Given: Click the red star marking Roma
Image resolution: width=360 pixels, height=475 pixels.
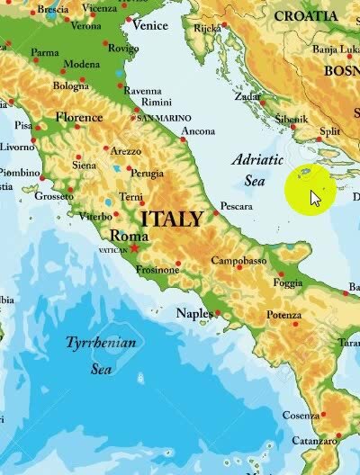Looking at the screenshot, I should (x=135, y=247).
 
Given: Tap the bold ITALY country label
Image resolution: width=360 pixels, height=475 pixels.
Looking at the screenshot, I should (x=173, y=219).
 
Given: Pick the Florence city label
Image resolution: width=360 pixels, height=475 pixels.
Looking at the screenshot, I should (x=79, y=117).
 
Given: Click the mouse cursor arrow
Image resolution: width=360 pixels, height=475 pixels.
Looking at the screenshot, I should (x=315, y=197).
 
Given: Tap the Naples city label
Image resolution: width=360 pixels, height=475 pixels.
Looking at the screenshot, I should (x=193, y=313).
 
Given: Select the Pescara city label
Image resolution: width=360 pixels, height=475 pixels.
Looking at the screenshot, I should (x=236, y=206).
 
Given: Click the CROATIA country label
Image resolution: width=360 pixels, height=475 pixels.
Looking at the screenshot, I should (x=319, y=16).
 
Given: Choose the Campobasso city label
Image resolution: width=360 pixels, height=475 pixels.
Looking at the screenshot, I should (x=238, y=261).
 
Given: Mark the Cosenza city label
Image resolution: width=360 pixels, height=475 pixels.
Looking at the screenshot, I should (x=301, y=416).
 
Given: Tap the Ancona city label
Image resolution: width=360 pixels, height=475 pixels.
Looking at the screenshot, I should (x=198, y=131).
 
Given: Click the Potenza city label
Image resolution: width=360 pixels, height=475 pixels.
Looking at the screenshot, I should (x=283, y=316).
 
